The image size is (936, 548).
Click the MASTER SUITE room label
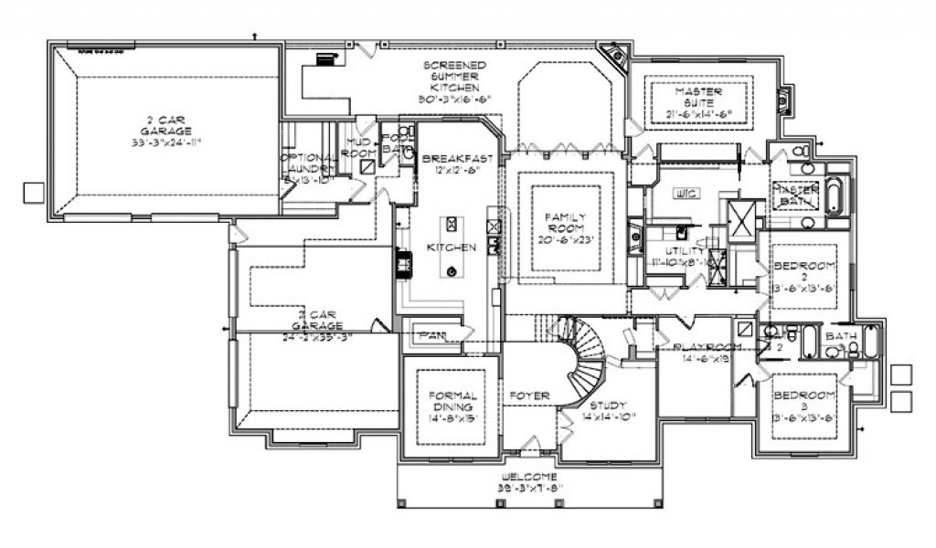coord(699,92)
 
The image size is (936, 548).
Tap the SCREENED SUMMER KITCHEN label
coord(454,77)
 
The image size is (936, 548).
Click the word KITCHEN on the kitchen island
coord(451,248)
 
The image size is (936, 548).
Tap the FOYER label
coord(530,395)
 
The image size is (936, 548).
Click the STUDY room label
coord(607,406)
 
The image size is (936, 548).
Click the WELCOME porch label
coord(529,478)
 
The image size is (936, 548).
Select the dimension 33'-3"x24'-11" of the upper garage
coord(165,142)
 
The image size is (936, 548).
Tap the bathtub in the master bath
coord(834,198)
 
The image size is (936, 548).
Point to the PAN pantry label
coord(431,335)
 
